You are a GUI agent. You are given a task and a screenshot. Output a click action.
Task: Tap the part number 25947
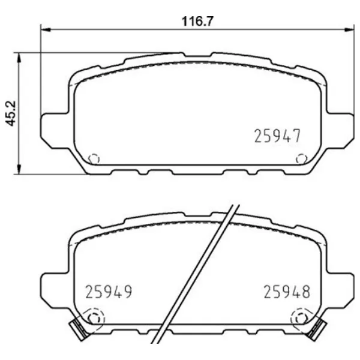(x=277, y=136)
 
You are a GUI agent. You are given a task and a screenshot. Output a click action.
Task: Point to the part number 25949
(x=108, y=293)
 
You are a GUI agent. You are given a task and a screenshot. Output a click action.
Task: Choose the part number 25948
(x=287, y=293)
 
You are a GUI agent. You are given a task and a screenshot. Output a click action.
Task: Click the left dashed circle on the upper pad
(x=93, y=159)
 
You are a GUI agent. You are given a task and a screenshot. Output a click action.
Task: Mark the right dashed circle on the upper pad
(x=302, y=159)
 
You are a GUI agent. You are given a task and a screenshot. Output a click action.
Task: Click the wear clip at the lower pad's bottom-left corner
(x=77, y=329)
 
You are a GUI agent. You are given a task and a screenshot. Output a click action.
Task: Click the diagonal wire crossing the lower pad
(x=198, y=270)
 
